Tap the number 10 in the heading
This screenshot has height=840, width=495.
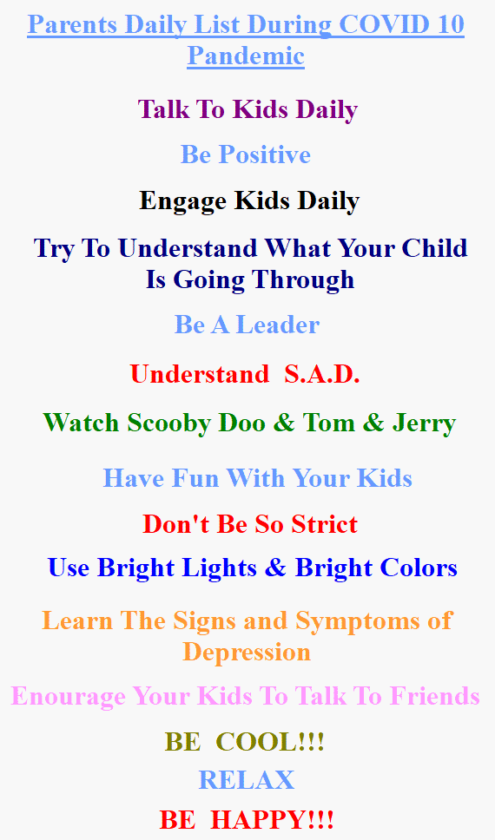tap(450, 24)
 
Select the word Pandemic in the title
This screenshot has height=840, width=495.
tap(246, 56)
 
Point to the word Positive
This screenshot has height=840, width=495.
tap(265, 154)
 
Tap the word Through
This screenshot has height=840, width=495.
tap(303, 279)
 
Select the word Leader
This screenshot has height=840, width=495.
tap(278, 325)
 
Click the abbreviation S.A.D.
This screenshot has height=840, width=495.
tap(322, 374)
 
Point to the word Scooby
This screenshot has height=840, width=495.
tap(169, 423)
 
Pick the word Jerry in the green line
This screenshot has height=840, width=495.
tap(424, 423)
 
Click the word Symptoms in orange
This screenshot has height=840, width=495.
tap(358, 621)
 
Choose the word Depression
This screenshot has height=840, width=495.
tap(247, 653)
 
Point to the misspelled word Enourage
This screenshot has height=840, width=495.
tap(69, 697)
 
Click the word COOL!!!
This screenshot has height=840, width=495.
tap(270, 742)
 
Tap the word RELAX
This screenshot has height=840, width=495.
tap(247, 780)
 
